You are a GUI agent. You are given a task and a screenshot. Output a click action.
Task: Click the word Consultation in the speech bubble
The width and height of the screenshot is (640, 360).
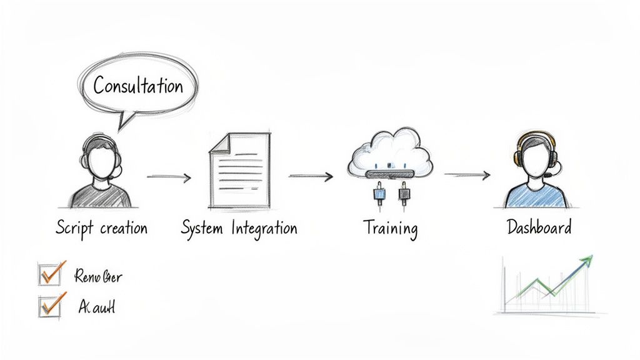[x=138, y=86]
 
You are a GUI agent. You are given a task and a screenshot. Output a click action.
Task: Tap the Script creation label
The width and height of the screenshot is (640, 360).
[x=102, y=227]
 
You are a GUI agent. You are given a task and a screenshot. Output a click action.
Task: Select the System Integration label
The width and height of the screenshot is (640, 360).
[x=239, y=228]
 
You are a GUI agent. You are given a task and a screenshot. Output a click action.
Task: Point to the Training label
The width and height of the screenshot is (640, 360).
[x=390, y=228]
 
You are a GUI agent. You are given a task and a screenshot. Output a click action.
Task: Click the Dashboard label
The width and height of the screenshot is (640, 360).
[x=539, y=227]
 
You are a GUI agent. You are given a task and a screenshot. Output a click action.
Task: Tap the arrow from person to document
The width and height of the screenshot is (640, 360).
[x=169, y=177]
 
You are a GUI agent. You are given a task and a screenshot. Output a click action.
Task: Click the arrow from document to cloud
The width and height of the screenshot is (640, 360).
[x=311, y=177]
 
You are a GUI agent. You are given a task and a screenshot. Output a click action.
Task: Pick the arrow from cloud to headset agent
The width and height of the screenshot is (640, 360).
[x=467, y=176]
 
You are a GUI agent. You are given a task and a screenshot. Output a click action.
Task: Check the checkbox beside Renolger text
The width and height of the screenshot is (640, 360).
[x=49, y=274]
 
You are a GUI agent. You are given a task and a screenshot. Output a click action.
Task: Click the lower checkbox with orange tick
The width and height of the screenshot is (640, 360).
[x=49, y=306]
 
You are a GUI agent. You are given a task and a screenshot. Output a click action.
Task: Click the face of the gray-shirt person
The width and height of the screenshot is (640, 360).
[x=101, y=161]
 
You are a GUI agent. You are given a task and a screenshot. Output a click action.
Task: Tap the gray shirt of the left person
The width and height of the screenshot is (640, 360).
[x=101, y=195]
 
